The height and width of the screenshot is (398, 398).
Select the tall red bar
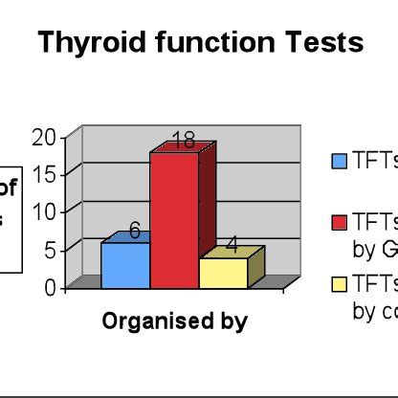click(174, 219)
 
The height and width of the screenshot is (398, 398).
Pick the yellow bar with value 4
click(223, 273)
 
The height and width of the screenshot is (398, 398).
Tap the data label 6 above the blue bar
click(135, 231)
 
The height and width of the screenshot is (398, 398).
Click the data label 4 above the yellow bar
click(232, 246)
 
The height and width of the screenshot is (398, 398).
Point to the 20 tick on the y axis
click(44, 137)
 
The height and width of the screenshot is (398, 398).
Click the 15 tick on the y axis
click(44, 174)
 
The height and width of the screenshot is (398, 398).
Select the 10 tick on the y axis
click(44, 211)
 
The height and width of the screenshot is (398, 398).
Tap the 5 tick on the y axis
click(50, 250)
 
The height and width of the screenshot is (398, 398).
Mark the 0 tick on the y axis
click(50, 286)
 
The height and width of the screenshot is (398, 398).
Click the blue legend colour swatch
click(340, 161)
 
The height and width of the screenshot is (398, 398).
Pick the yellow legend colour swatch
click(340, 283)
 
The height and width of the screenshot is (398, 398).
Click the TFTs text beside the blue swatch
click(374, 160)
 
